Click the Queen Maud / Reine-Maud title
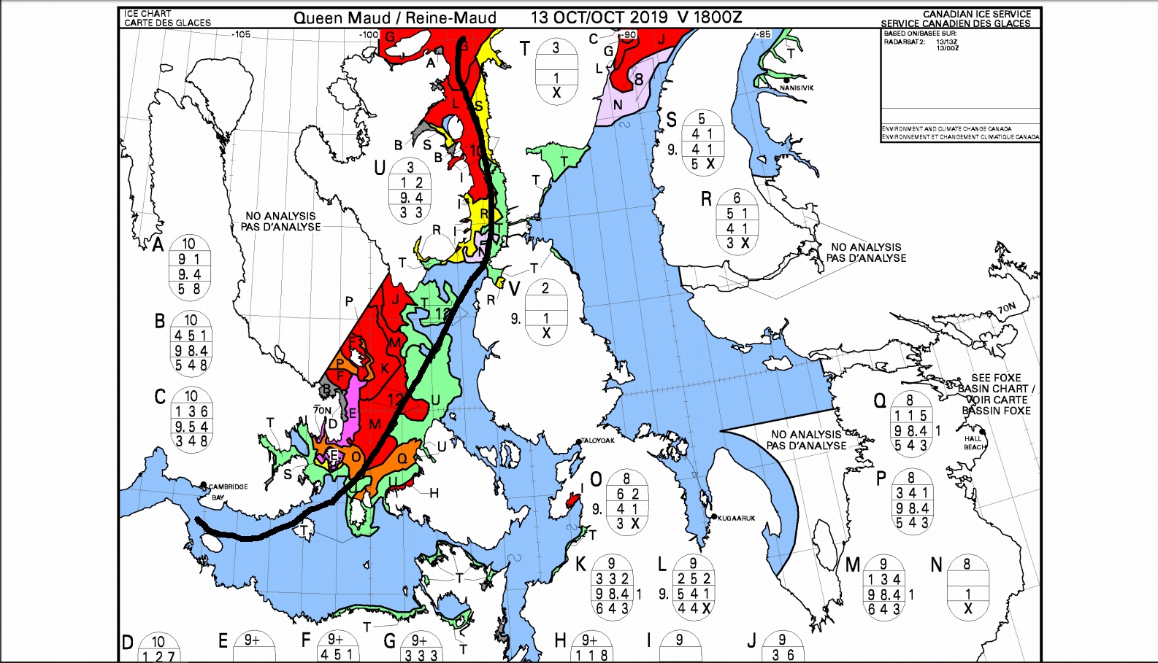click(394, 18)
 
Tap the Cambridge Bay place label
click(228, 487)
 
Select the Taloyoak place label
click(598, 441)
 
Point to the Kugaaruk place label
click(736, 518)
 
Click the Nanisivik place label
click(796, 88)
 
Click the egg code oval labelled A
click(189, 267)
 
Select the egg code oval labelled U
click(411, 190)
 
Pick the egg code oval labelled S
click(702, 141)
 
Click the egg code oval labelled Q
click(910, 423)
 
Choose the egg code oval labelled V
click(545, 311)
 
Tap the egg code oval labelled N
click(967, 586)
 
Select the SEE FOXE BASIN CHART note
click(996, 394)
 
